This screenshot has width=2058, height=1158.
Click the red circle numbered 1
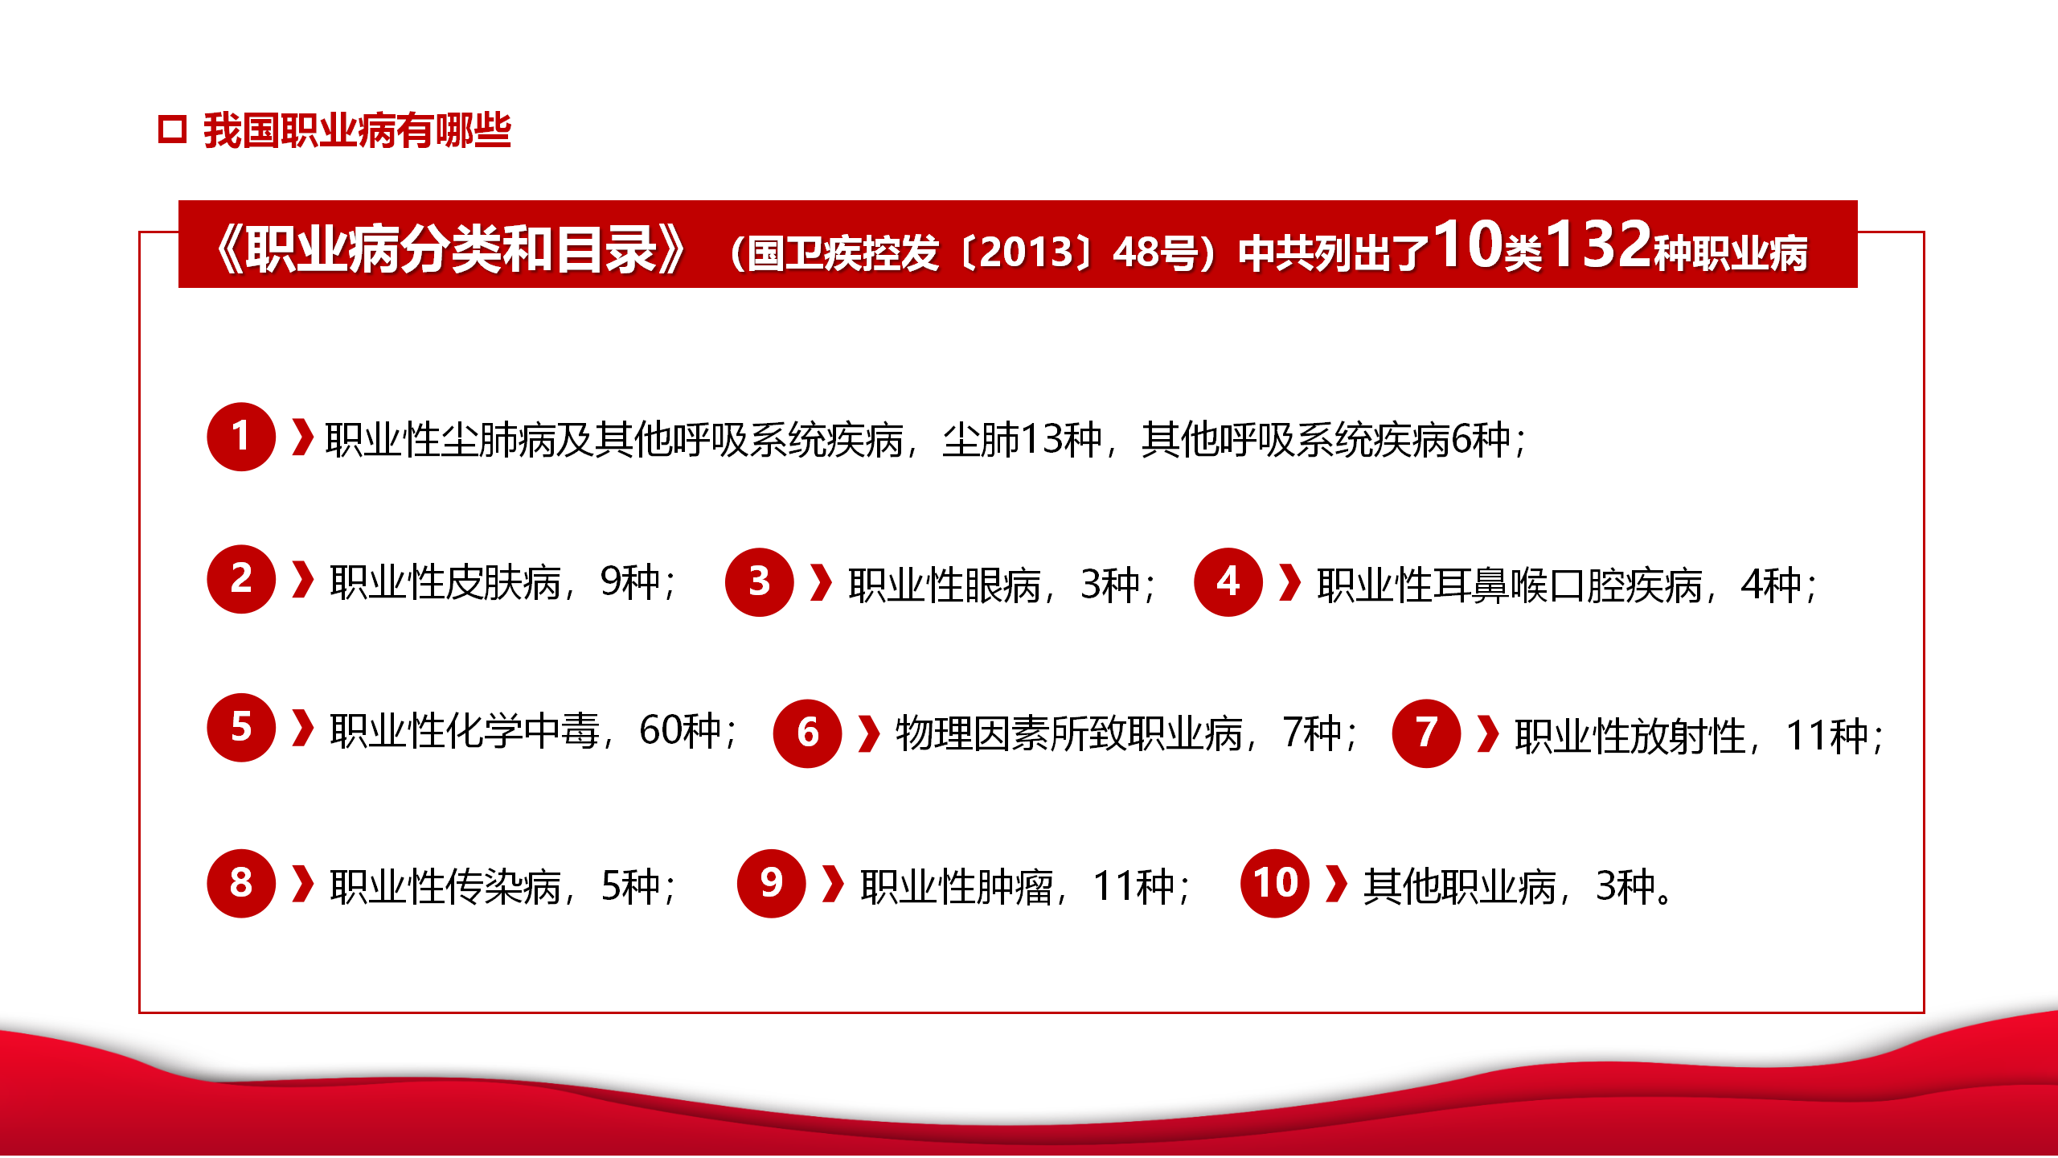[241, 437]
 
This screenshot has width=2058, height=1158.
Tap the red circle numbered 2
[241, 579]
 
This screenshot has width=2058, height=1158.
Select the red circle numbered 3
[760, 582]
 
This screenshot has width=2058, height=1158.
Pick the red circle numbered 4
[1228, 582]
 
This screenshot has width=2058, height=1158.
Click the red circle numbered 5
[241, 728]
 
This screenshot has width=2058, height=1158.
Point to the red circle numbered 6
[808, 733]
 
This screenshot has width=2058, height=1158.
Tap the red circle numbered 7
[1427, 733]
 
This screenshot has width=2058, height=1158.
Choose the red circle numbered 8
[241, 884]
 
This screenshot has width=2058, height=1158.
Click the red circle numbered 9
[772, 884]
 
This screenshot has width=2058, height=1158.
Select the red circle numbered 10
[1276, 884]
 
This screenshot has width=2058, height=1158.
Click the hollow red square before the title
[173, 129]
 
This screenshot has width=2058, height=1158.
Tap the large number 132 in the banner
[1597, 244]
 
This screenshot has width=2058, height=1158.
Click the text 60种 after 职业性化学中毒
[680, 731]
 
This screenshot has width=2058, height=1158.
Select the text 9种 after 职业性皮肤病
[630, 582]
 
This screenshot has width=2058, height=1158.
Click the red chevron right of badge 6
[869, 733]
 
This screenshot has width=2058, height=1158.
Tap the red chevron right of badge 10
[1336, 884]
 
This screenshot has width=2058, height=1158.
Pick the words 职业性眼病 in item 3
[945, 585]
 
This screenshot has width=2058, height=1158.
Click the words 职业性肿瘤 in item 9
[957, 887]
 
